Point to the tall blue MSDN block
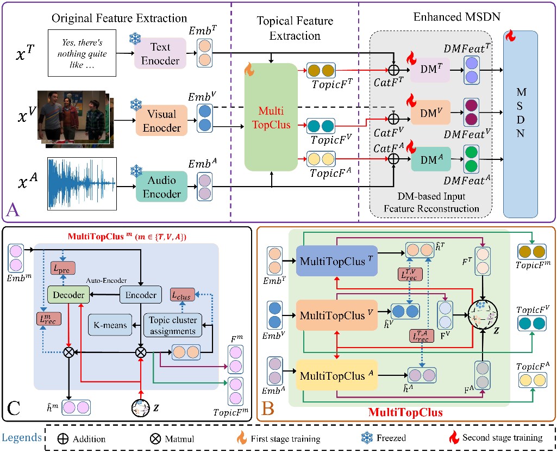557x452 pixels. pos(521,124)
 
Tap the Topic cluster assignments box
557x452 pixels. pos(171,325)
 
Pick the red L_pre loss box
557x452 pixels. pos(63,268)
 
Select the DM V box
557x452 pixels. pos(430,113)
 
